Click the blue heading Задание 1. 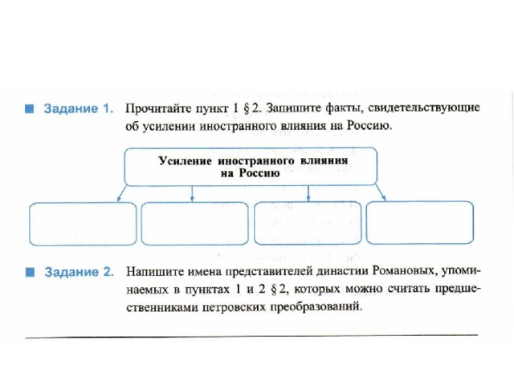coord(79,109)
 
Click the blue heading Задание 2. coord(79,272)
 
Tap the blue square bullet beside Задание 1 coord(30,109)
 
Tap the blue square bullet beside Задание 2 coord(30,272)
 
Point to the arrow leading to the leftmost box coord(122,193)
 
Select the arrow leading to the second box coord(193,194)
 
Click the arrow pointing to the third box coord(308,193)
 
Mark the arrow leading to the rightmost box coord(380,192)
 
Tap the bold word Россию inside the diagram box coord(259,173)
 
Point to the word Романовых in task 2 coord(405,271)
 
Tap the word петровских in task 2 coord(234,307)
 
